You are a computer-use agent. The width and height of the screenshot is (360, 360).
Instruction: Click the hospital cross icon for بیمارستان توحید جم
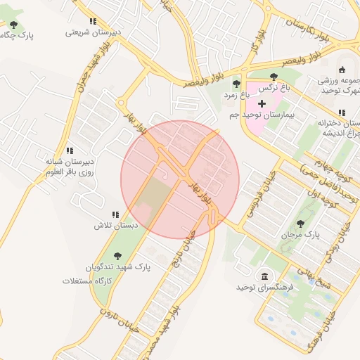[262, 103]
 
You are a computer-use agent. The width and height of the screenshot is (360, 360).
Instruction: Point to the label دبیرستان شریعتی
[91, 32]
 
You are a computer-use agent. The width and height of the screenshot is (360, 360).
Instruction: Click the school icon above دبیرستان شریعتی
[93, 21]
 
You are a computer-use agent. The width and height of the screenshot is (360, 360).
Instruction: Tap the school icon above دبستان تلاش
[115, 214]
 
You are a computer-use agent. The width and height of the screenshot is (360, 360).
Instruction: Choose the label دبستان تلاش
[113, 226]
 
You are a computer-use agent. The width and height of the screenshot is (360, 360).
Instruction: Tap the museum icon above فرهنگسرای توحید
[264, 276]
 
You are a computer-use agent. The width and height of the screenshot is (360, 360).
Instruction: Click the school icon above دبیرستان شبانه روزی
[70, 150]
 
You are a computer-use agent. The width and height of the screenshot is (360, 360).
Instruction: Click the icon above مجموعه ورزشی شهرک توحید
[342, 69]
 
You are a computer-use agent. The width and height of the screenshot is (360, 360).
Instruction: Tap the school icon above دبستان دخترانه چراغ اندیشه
[342, 112]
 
